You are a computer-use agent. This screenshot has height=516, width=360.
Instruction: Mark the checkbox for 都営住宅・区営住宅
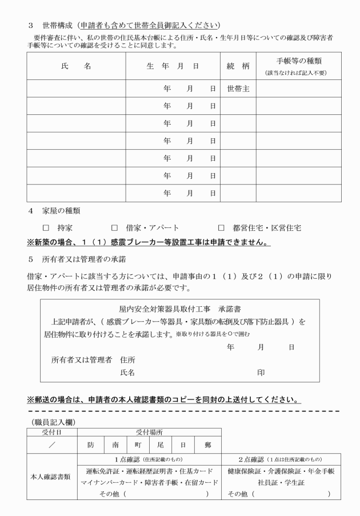[x=221, y=227]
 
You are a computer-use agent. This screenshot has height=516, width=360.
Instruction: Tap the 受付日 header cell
[x=52, y=433]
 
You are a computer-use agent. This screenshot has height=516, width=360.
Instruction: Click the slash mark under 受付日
[x=52, y=443]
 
